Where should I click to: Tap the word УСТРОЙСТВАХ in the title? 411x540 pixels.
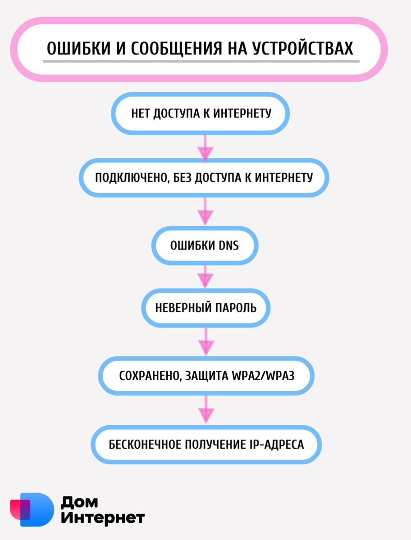[303, 48]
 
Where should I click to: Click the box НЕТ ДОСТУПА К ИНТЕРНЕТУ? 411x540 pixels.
[200, 113]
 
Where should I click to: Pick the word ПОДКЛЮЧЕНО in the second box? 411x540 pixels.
[132, 178]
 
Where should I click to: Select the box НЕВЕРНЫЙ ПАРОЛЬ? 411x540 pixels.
[205, 308]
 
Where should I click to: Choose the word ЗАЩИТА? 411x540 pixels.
[206, 376]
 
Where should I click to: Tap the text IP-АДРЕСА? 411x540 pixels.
[275, 445]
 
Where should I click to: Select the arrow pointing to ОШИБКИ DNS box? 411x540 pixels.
[205, 211]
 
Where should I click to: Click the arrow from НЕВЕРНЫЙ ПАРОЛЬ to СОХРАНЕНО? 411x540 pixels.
[206, 342]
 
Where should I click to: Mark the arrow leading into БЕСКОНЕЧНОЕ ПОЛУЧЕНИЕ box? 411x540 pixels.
[206, 409]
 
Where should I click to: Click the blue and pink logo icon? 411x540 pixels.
[32, 509]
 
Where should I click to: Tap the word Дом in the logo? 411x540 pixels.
[79, 502]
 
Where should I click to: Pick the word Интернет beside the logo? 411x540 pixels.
[103, 518]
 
